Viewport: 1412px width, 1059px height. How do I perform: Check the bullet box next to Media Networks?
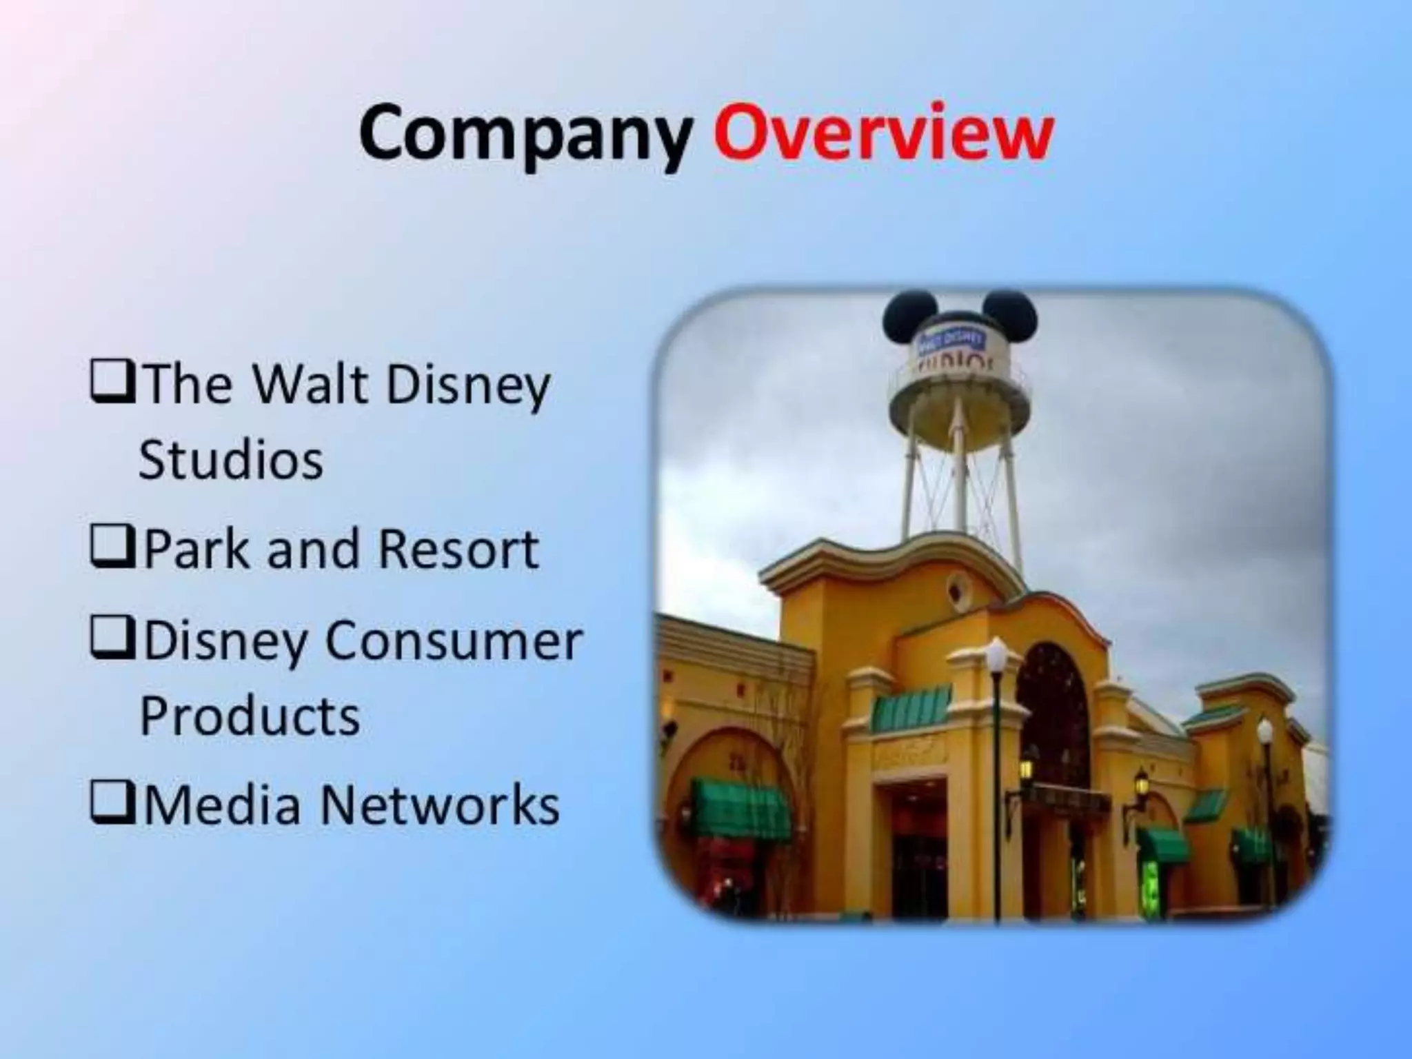pos(111,803)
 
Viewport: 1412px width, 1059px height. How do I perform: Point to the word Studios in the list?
pos(231,460)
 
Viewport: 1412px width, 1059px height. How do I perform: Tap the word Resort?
pos(458,550)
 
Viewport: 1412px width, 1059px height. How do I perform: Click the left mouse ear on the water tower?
pos(908,316)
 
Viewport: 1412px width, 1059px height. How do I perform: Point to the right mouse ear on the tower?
pos(1009,314)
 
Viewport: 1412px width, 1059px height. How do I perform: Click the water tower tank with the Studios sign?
pos(958,379)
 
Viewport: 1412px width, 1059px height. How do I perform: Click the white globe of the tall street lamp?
pos(996,655)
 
